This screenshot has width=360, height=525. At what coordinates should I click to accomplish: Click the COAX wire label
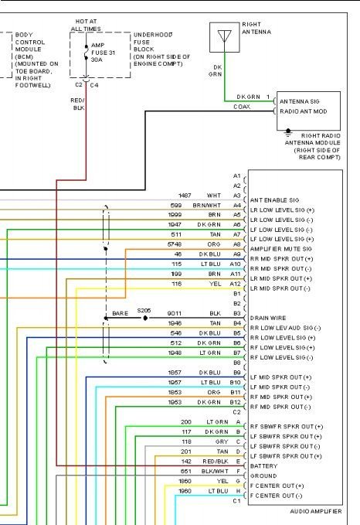tap(242, 107)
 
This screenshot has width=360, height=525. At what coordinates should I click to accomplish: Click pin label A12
tap(236, 284)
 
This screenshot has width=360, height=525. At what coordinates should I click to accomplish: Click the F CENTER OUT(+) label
tap(276, 486)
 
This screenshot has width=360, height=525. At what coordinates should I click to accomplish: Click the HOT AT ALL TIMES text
tap(86, 25)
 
